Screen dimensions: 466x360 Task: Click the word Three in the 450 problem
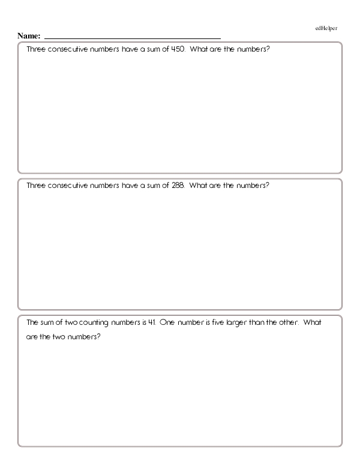click(37, 48)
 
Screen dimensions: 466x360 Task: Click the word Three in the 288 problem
click(37, 185)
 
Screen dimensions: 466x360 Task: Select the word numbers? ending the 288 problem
click(253, 185)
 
